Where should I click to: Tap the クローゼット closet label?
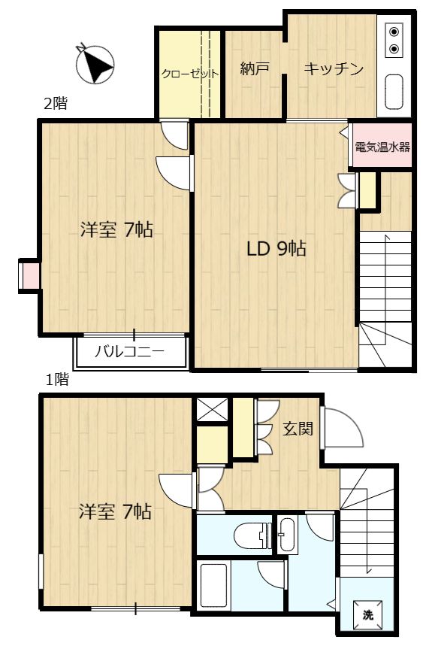(189, 74)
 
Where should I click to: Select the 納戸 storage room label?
(255, 69)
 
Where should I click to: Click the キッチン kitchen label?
(334, 69)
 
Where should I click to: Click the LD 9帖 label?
(276, 249)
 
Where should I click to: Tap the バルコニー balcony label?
(129, 351)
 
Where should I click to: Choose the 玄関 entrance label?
(297, 429)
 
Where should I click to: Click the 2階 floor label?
(55, 105)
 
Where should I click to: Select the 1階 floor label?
(57, 380)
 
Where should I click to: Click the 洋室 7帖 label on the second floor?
(116, 230)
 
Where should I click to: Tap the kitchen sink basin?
(394, 92)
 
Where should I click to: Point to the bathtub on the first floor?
(215, 587)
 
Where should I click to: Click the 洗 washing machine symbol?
(367, 614)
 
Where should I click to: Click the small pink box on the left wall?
(28, 274)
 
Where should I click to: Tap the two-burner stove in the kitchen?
(394, 41)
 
